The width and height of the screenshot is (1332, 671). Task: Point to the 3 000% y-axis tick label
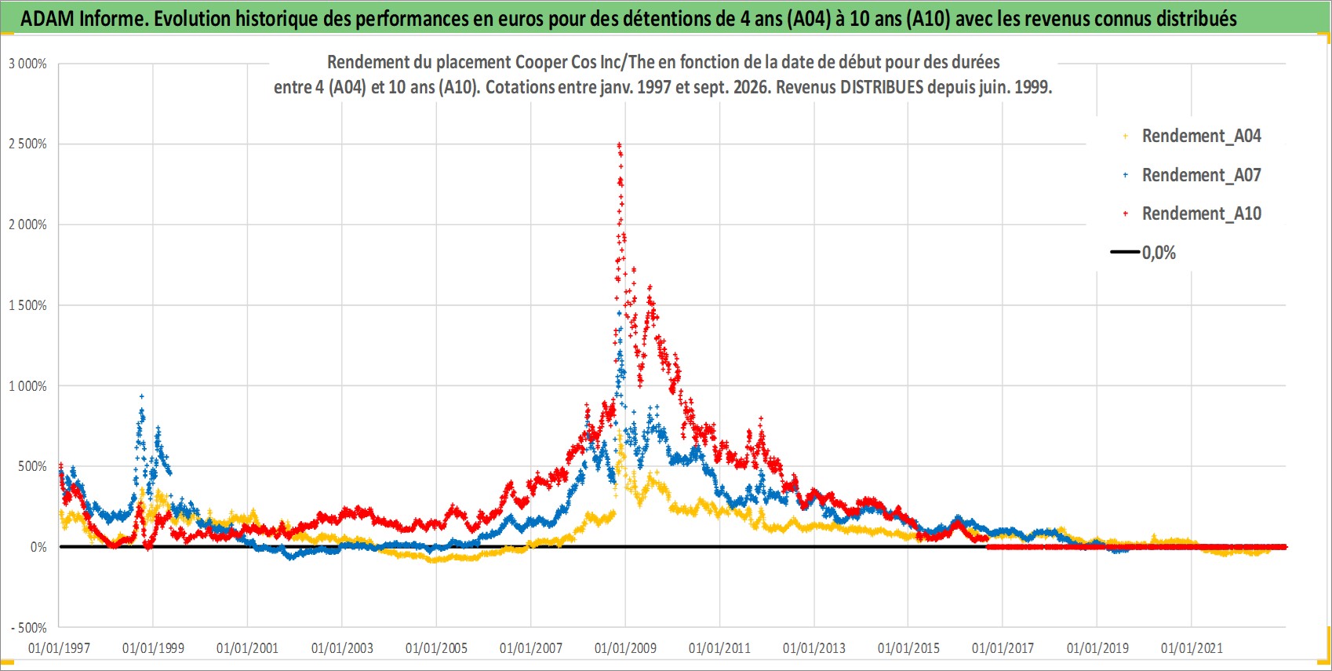(x=27, y=64)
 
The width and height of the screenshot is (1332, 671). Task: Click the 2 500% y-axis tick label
(x=27, y=144)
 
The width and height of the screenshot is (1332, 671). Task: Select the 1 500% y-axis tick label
(x=27, y=305)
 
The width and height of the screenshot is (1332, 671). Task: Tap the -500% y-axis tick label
(x=29, y=628)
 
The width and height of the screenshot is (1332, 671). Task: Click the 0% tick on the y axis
(x=38, y=547)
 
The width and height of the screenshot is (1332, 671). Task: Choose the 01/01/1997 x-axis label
(x=59, y=647)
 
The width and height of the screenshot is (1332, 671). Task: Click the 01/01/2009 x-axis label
(x=625, y=647)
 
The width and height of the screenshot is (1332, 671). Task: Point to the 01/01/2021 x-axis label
(x=1192, y=647)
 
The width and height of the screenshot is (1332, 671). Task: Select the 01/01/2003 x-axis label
(x=342, y=647)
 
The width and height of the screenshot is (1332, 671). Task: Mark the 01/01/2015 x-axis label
(x=908, y=647)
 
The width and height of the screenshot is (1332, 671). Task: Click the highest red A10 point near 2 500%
(x=619, y=144)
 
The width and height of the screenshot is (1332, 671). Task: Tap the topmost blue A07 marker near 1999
(x=141, y=396)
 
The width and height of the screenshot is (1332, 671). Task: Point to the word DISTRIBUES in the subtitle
(x=882, y=87)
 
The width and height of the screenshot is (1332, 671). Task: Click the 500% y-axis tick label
(x=33, y=466)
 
